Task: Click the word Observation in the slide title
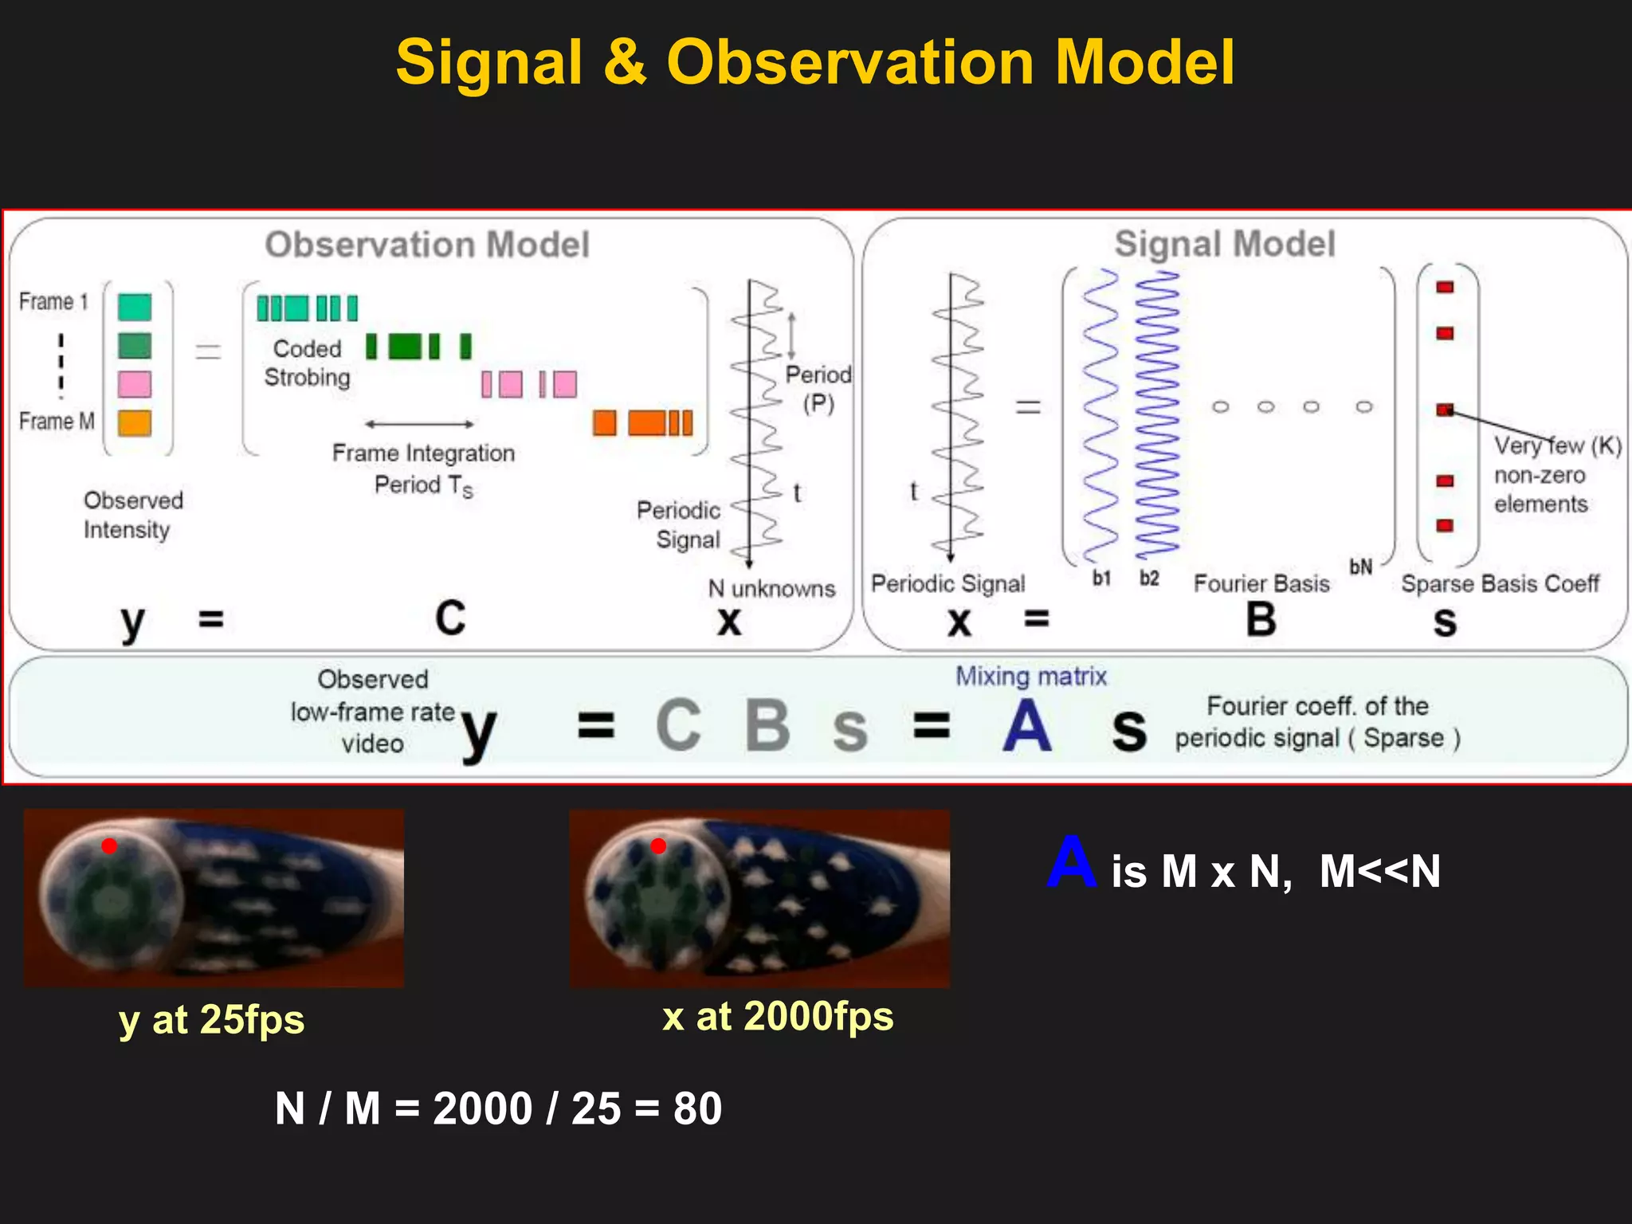click(x=849, y=62)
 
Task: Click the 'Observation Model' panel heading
click(x=427, y=245)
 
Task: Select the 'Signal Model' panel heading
click(x=1224, y=244)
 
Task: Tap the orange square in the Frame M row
click(x=134, y=422)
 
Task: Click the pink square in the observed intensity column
click(x=134, y=384)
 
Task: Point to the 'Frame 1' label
click(x=53, y=301)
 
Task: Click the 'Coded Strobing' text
click(x=307, y=363)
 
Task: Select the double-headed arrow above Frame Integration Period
click(x=419, y=424)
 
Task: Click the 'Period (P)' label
click(x=818, y=389)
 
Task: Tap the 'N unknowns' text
click(x=771, y=589)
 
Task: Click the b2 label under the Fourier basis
click(x=1148, y=579)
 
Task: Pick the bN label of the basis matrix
click(x=1360, y=567)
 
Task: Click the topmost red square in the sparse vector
click(x=1445, y=287)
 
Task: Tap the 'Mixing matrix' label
click(x=1031, y=677)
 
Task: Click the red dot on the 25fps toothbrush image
click(x=109, y=846)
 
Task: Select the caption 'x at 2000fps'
click(x=778, y=1017)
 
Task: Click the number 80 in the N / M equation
click(x=697, y=1108)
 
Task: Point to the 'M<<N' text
click(x=1379, y=871)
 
